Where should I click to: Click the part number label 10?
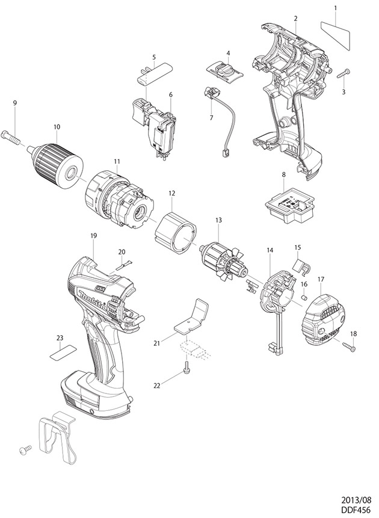(x=57, y=126)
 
